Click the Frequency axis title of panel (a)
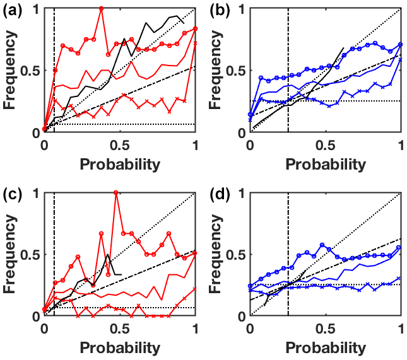point(11,71)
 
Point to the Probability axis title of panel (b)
point(326,165)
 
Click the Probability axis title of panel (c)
point(119,347)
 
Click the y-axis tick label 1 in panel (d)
point(241,194)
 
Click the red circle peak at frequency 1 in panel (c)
point(116,192)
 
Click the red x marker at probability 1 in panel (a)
point(195,44)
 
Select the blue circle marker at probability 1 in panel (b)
point(401,45)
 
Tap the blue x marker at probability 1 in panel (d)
point(401,278)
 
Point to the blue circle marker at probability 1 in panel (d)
point(401,247)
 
